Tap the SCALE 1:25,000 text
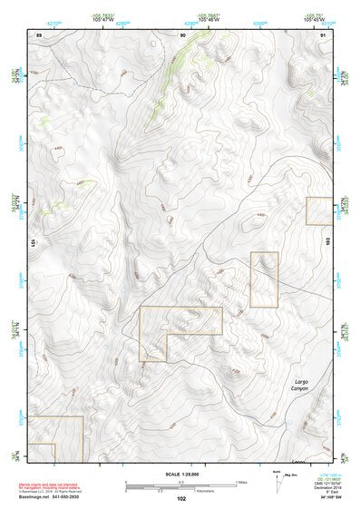coord(179,475)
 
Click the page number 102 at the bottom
coord(181,499)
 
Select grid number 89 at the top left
coord(39,34)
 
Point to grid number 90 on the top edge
coord(183,34)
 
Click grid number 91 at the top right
coord(324,34)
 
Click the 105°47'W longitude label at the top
coord(106,19)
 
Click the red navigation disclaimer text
coord(54,487)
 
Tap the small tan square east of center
coord(264,279)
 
